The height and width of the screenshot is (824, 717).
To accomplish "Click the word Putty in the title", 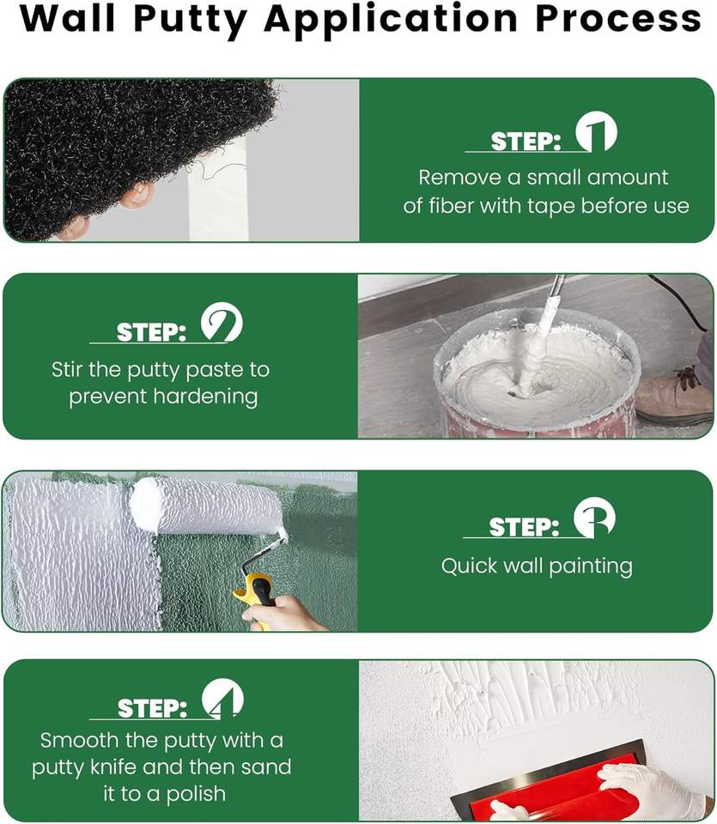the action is click(191, 20).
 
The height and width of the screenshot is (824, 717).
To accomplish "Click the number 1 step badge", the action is click(596, 131).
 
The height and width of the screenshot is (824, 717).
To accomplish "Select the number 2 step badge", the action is click(222, 322).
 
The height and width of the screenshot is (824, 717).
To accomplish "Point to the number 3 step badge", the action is click(594, 517).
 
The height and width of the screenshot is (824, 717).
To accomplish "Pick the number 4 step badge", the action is click(223, 699).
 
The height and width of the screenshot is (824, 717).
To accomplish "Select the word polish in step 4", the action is click(196, 794).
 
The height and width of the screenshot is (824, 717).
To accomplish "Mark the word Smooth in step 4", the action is click(79, 741).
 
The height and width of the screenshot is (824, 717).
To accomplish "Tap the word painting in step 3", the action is click(590, 567).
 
